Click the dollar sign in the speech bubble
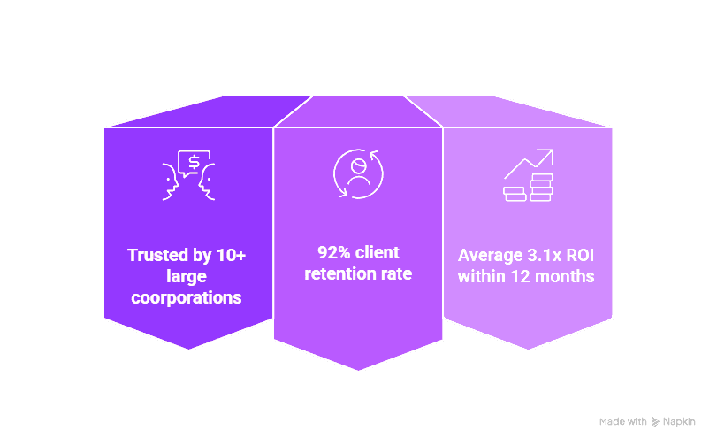193,161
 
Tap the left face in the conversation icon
172,181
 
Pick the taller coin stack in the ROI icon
541,188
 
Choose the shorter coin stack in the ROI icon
515,193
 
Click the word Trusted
156,256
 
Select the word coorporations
187,298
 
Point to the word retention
339,273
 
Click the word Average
489,255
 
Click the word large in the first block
187,277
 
